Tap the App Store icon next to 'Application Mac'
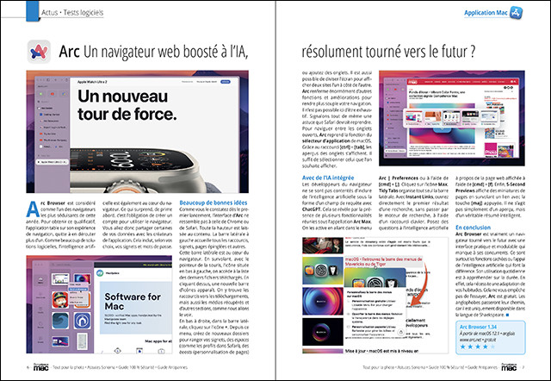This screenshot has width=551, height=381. [517, 13]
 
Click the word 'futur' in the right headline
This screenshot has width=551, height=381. [456, 54]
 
